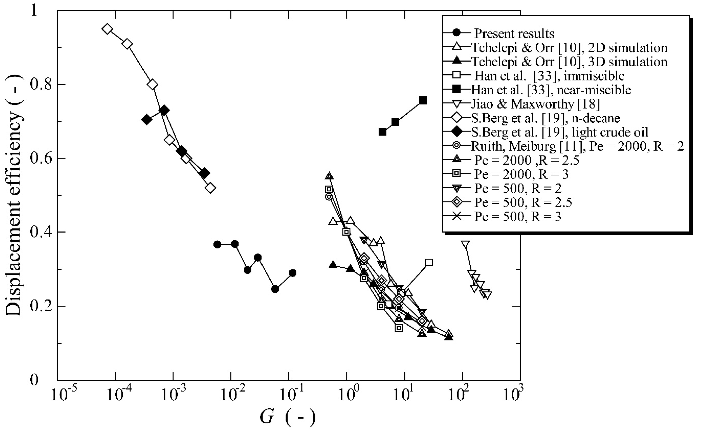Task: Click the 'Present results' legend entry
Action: click(x=514, y=34)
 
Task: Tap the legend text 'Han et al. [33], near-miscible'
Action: click(x=551, y=90)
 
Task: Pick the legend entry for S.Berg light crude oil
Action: click(x=559, y=132)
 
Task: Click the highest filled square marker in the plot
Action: click(x=423, y=100)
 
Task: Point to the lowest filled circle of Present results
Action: click(x=275, y=289)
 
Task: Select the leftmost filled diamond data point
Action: click(x=146, y=120)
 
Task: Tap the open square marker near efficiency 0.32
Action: click(x=428, y=262)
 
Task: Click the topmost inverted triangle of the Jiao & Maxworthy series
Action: click(x=465, y=244)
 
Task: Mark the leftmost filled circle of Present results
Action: click(x=217, y=245)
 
